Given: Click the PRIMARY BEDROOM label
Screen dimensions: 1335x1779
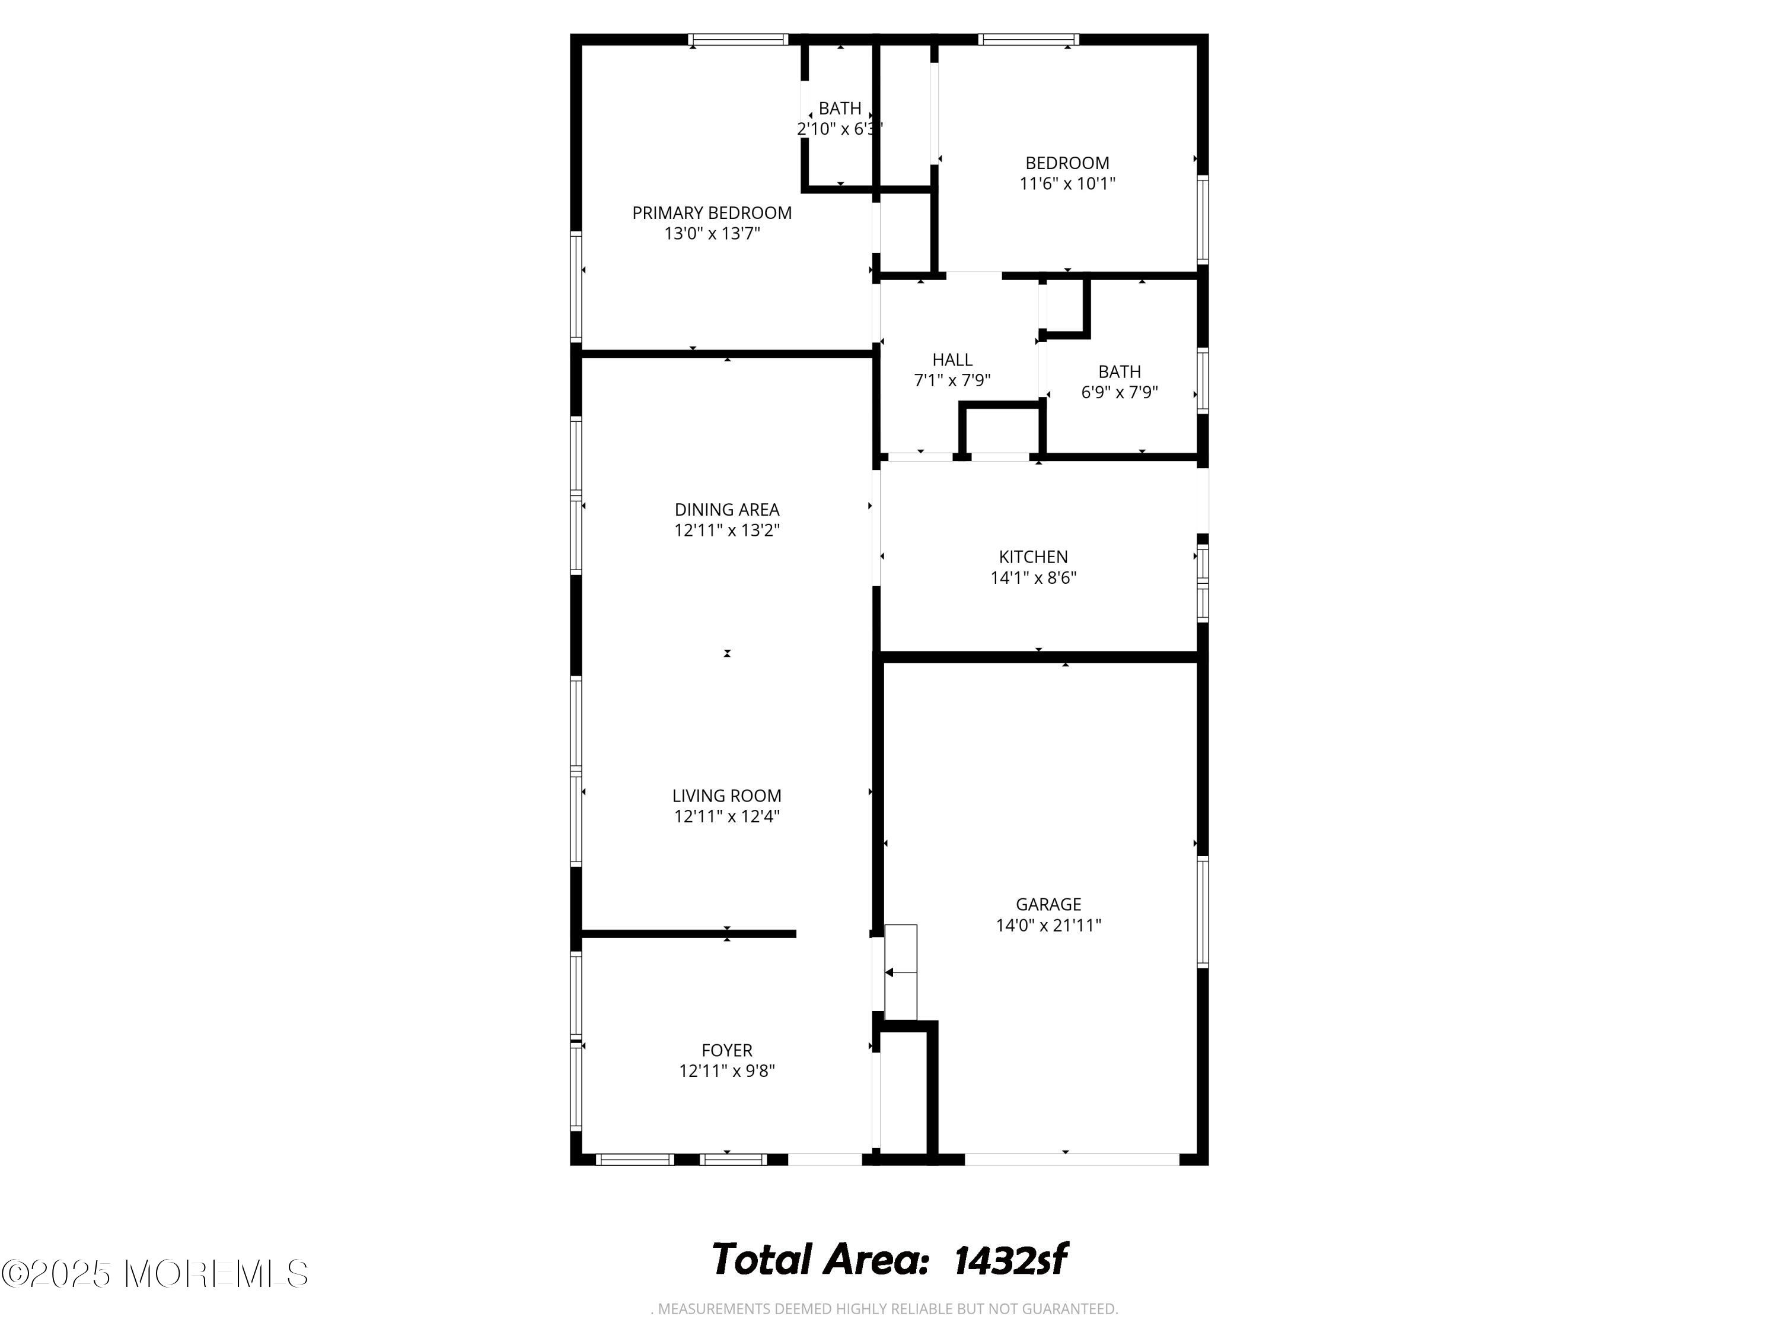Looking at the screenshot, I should point(712,213).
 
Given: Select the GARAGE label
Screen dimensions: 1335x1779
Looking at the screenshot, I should point(1048,904).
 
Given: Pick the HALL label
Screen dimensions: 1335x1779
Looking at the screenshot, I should point(952,360).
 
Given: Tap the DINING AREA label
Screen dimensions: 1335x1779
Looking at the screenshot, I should point(726,509).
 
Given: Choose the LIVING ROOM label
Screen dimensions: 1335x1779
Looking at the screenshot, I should point(726,796).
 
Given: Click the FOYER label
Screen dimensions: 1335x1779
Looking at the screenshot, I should point(726,1050).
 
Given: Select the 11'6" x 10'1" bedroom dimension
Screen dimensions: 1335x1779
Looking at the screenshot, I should point(1067,183).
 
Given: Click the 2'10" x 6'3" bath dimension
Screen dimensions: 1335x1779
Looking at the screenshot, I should point(840,129).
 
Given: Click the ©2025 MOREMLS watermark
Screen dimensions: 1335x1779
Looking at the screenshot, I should point(154,1274).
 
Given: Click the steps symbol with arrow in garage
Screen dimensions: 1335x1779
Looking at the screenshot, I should point(900,972).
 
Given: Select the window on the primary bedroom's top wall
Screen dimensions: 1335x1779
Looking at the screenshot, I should point(738,39).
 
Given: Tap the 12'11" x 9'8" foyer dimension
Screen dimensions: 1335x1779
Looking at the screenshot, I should point(726,1071).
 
